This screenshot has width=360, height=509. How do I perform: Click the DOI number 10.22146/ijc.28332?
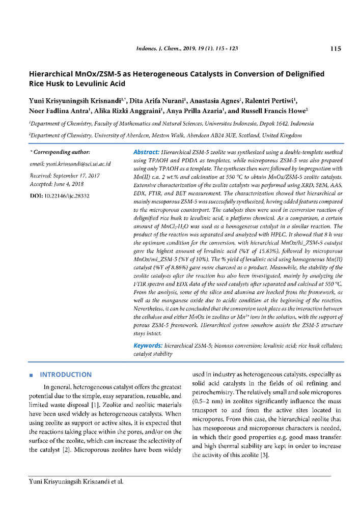67,195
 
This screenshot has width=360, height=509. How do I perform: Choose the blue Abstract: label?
146,152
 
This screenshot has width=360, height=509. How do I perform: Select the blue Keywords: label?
148,346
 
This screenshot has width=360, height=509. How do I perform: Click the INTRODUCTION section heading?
66,375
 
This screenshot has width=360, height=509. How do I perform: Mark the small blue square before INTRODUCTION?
32,375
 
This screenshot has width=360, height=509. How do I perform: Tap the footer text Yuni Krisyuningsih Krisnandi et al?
76,480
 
